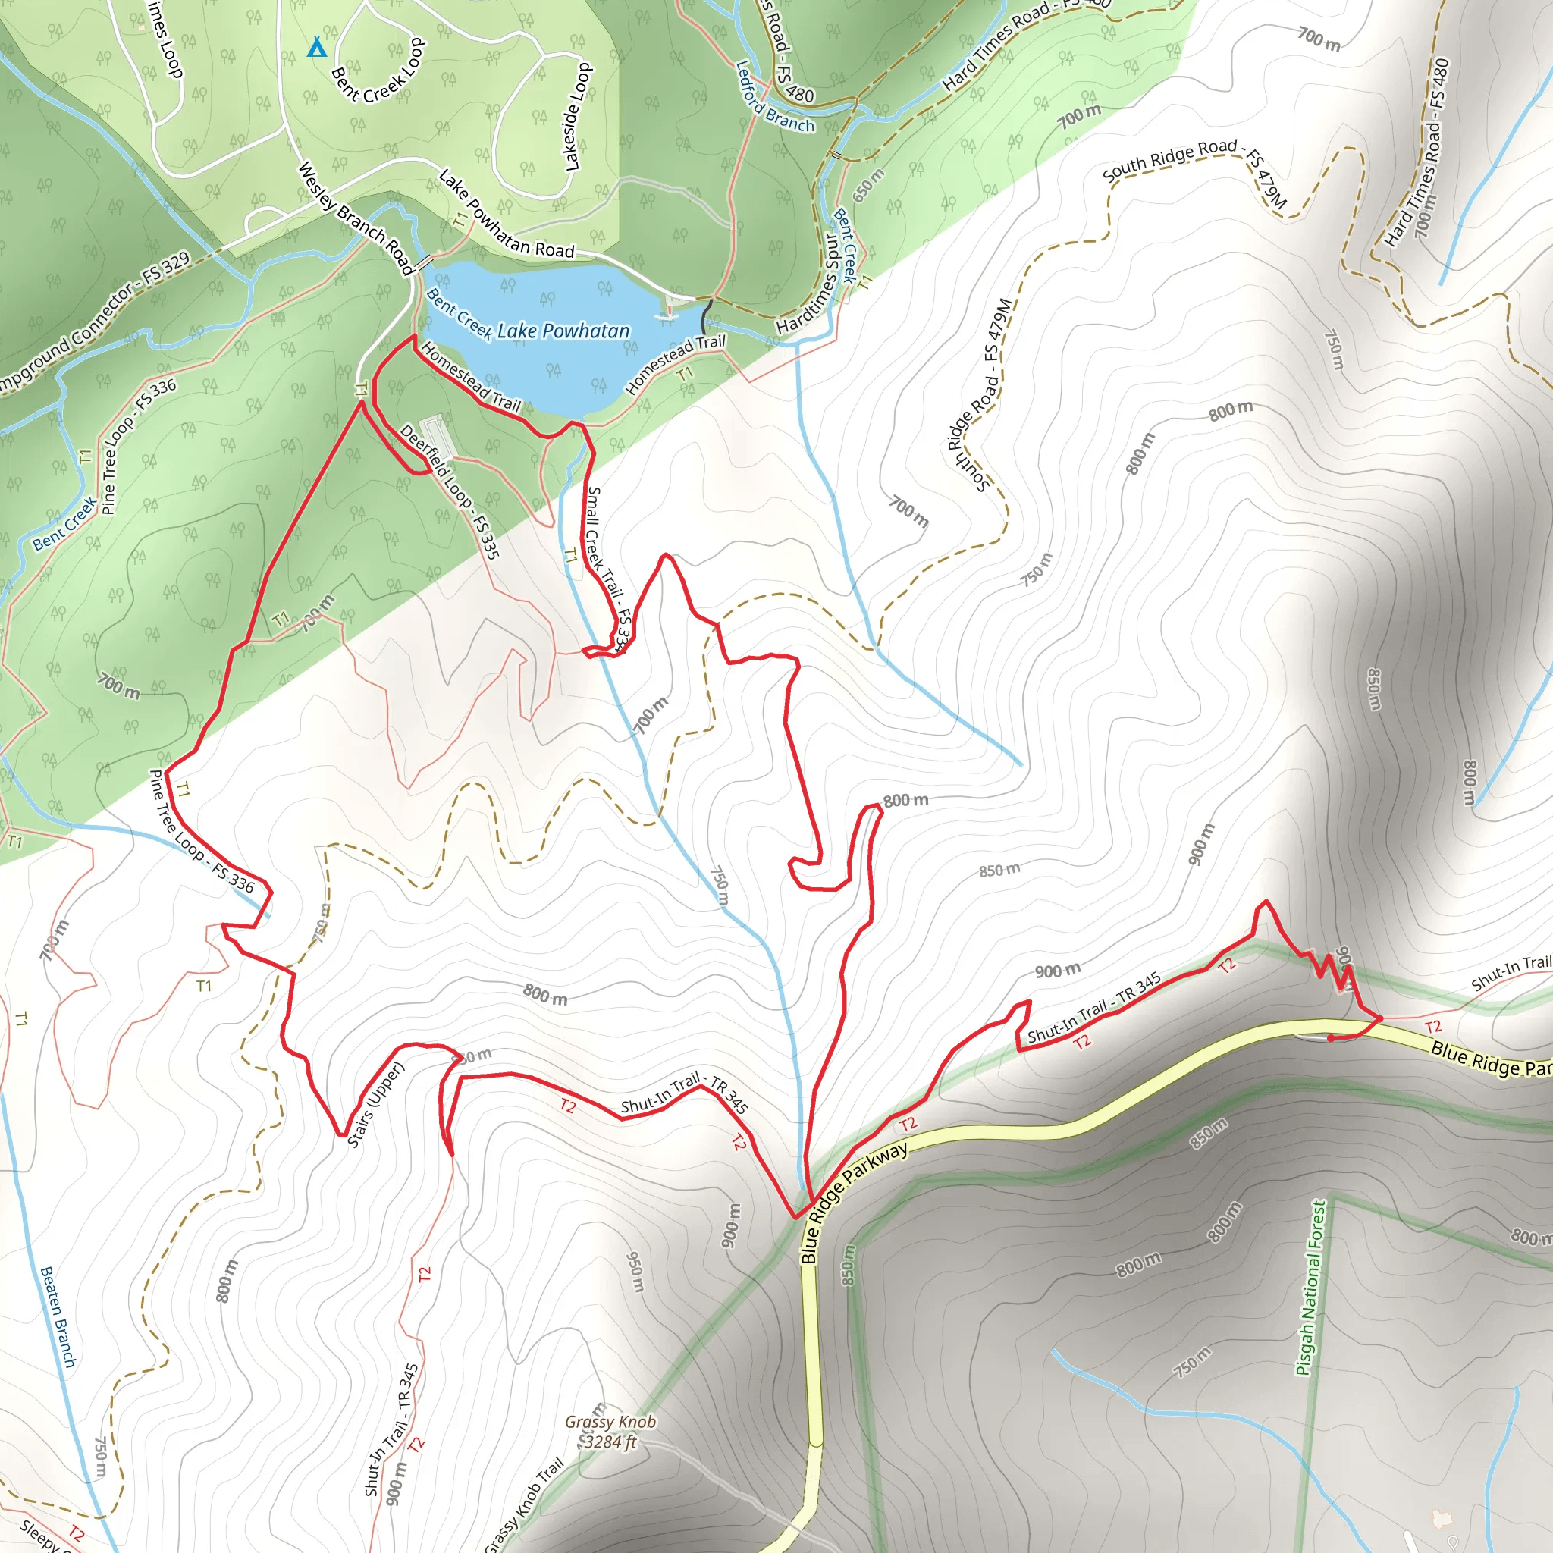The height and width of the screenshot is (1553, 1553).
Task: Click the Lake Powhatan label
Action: click(x=563, y=331)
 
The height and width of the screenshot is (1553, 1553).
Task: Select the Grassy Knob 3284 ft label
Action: click(x=610, y=1432)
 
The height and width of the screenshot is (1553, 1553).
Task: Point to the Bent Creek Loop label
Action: click(x=378, y=72)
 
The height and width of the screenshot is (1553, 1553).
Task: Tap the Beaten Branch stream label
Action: click(x=58, y=1316)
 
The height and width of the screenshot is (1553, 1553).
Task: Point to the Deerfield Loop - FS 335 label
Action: click(x=450, y=491)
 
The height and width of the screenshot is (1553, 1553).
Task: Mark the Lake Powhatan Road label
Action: click(x=506, y=215)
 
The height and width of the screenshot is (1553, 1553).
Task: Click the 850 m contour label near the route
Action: click(x=999, y=870)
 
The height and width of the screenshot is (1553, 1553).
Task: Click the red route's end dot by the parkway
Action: click(x=1329, y=1039)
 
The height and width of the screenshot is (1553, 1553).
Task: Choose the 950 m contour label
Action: click(x=635, y=1271)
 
